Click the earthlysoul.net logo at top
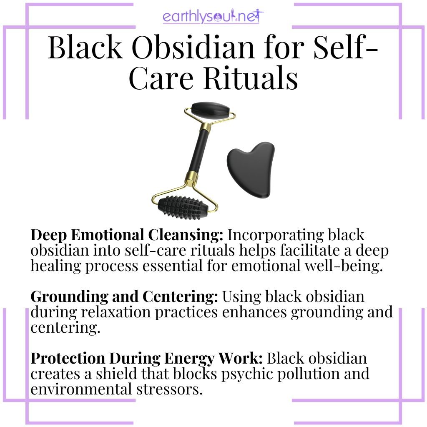point(213,18)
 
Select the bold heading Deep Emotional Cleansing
point(127,235)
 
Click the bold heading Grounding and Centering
point(124,297)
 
